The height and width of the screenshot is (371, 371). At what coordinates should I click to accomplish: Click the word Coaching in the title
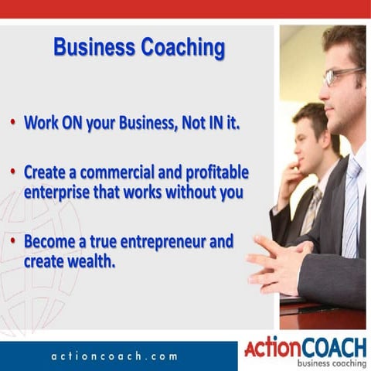182,48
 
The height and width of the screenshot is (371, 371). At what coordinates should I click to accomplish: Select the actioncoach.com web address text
114,356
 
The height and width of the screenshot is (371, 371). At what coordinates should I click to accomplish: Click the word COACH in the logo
330,346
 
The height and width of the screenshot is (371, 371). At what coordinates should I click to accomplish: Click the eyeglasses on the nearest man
341,75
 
